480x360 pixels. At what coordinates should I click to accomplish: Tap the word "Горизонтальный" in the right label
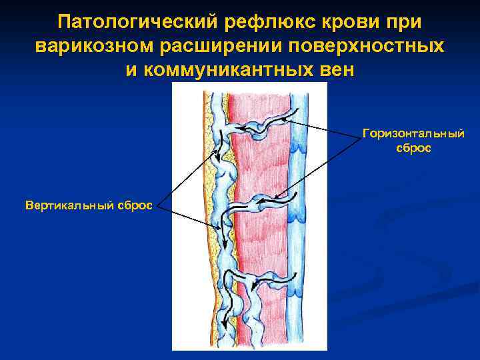pos(414,134)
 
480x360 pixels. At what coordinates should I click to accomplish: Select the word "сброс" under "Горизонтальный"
pos(414,148)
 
